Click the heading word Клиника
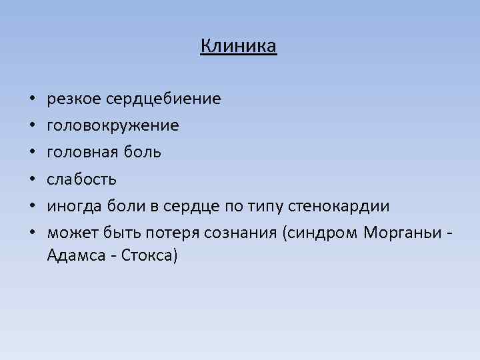click(x=238, y=46)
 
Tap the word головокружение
click(x=113, y=125)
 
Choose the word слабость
click(x=82, y=179)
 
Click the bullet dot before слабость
click(x=32, y=179)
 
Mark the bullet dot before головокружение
click(x=32, y=126)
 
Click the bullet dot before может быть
click(x=32, y=233)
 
